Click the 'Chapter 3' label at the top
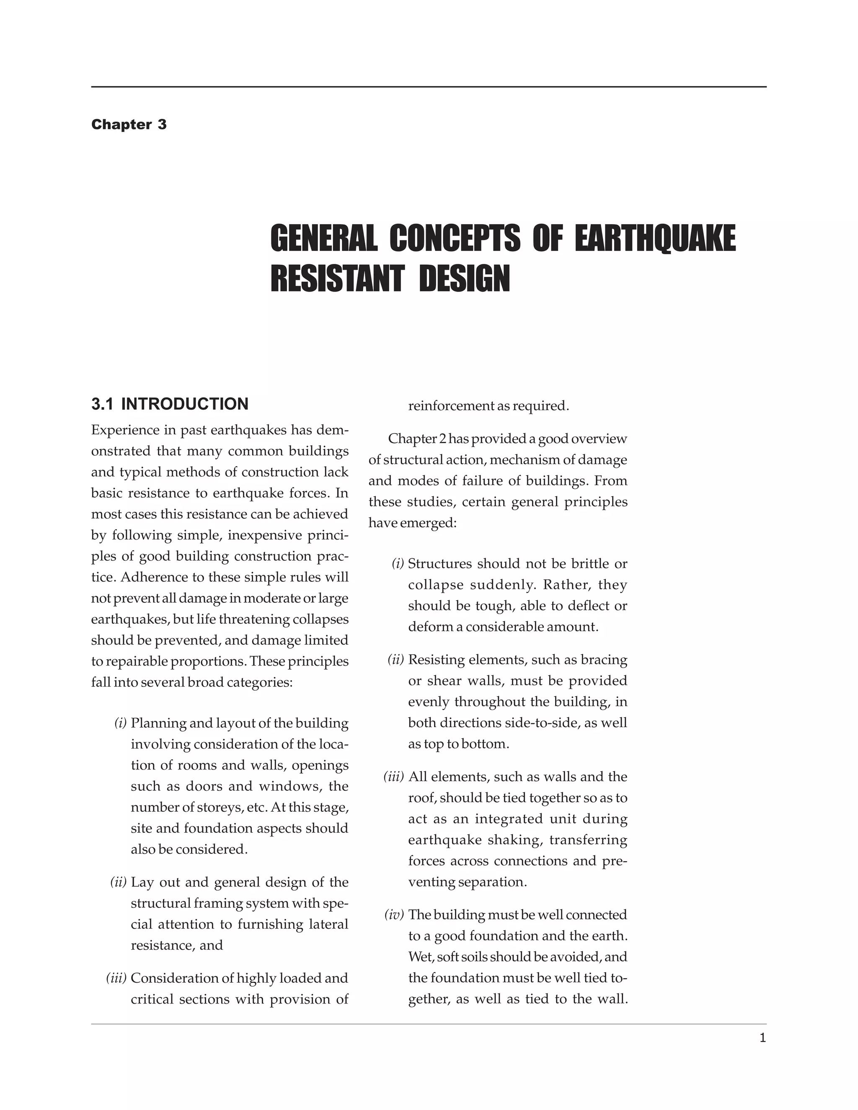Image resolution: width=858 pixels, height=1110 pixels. coord(129,124)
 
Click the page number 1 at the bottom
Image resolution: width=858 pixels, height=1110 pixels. coord(762,1038)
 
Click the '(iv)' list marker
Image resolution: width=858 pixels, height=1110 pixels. coord(394,915)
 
